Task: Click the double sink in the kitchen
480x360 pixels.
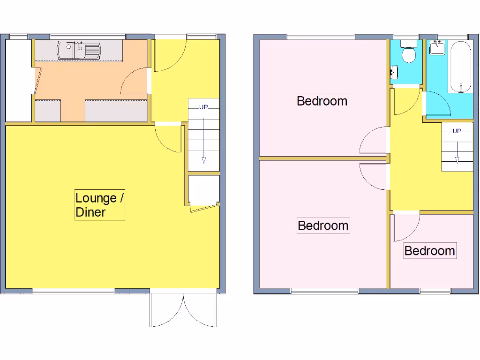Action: [x=79, y=51]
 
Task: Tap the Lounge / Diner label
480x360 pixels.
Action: [x=99, y=205]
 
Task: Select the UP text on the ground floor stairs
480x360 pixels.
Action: [x=203, y=107]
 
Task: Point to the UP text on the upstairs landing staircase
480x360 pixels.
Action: [x=457, y=131]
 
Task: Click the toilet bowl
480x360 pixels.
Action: [x=409, y=54]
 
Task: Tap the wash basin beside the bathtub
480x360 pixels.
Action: [x=438, y=47]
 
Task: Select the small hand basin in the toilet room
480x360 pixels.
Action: [x=394, y=72]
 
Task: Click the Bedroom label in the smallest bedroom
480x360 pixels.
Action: [x=429, y=251]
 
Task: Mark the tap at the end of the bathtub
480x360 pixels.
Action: [x=461, y=86]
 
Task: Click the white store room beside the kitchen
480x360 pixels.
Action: [x=18, y=80]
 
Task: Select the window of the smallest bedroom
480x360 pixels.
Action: [x=435, y=291]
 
